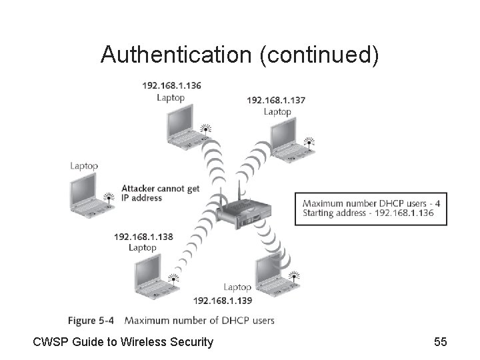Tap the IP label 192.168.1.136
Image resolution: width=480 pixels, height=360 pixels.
(171, 85)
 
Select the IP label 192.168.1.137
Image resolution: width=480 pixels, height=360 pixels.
(277, 101)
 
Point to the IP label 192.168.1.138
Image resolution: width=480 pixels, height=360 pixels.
(143, 237)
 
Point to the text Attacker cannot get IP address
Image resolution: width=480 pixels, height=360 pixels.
(160, 193)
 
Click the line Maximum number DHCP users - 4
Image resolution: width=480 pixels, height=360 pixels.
(371, 203)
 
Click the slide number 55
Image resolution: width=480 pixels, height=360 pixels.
(440, 342)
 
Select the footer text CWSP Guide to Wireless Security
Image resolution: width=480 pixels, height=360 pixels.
(123, 342)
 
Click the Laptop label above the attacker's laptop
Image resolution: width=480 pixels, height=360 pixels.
(84, 165)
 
